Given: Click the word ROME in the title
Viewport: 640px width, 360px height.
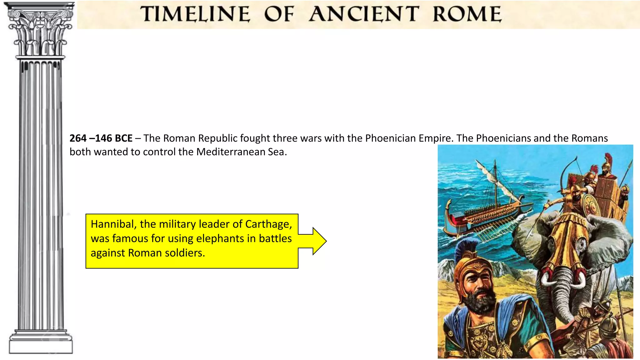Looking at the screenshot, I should pos(467,14).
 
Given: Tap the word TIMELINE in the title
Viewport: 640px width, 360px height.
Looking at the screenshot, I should pos(195,14).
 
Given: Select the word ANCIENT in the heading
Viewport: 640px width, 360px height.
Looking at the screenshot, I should pos(364,14).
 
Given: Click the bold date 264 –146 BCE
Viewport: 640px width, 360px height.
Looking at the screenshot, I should pos(101,138).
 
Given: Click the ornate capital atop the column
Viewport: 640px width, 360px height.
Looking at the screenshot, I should pos(40,31).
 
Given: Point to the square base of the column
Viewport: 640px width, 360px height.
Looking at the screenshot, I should pos(41,346).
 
